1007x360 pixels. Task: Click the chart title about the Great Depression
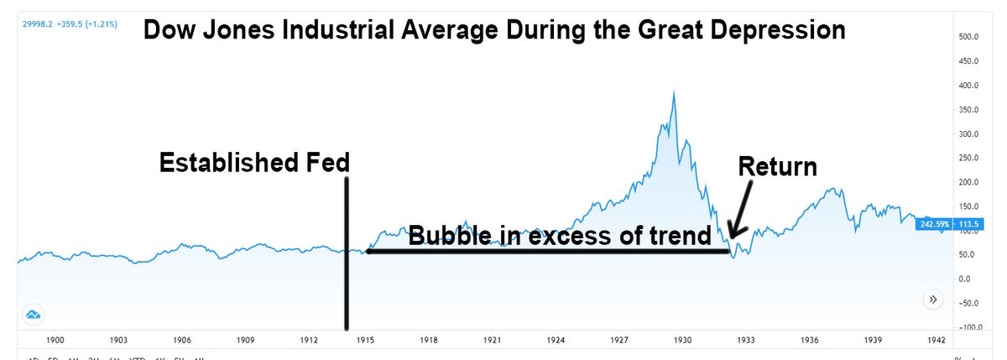(x=493, y=31)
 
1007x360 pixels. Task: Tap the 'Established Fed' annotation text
(x=253, y=164)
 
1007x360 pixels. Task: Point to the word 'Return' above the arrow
(x=777, y=167)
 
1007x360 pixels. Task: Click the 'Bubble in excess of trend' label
(x=560, y=237)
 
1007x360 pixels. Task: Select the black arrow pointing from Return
(x=739, y=212)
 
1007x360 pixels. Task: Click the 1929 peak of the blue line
(x=673, y=91)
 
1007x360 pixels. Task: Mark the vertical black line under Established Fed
(x=346, y=252)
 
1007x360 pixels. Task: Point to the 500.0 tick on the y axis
(x=969, y=37)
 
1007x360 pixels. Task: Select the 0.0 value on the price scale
(x=965, y=279)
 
